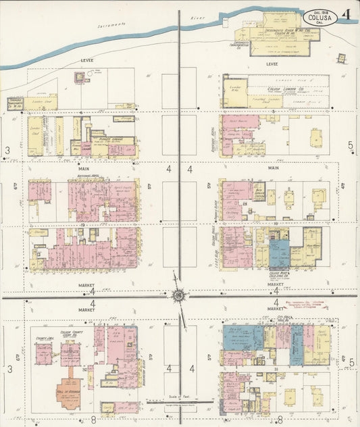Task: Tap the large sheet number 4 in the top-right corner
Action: [346, 14]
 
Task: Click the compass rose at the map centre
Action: [179, 295]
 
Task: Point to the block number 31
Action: [276, 369]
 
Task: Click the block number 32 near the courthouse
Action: [85, 370]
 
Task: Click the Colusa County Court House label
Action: [71, 334]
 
